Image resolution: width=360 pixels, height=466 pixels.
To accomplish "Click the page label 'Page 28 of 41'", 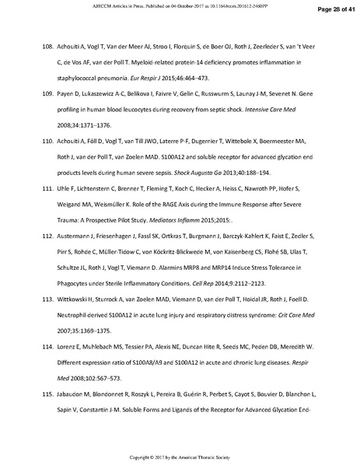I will pos(334,9).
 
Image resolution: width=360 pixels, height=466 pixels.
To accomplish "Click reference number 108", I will pos(46,47).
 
